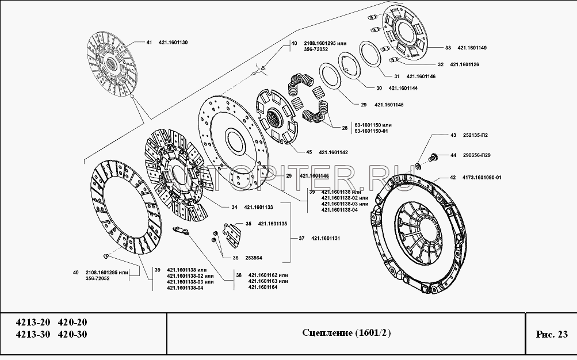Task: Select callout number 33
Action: click(x=448, y=47)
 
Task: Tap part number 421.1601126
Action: click(x=464, y=64)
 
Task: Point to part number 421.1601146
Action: click(x=421, y=76)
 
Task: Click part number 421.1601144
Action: click(x=403, y=89)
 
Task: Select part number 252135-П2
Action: click(x=475, y=135)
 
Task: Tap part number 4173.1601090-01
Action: click(x=482, y=178)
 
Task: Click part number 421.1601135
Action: click(x=272, y=224)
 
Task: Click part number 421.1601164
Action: click(x=263, y=287)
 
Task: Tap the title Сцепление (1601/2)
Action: click(x=346, y=334)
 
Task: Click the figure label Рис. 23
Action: click(x=551, y=334)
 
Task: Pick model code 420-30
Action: click(x=73, y=335)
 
